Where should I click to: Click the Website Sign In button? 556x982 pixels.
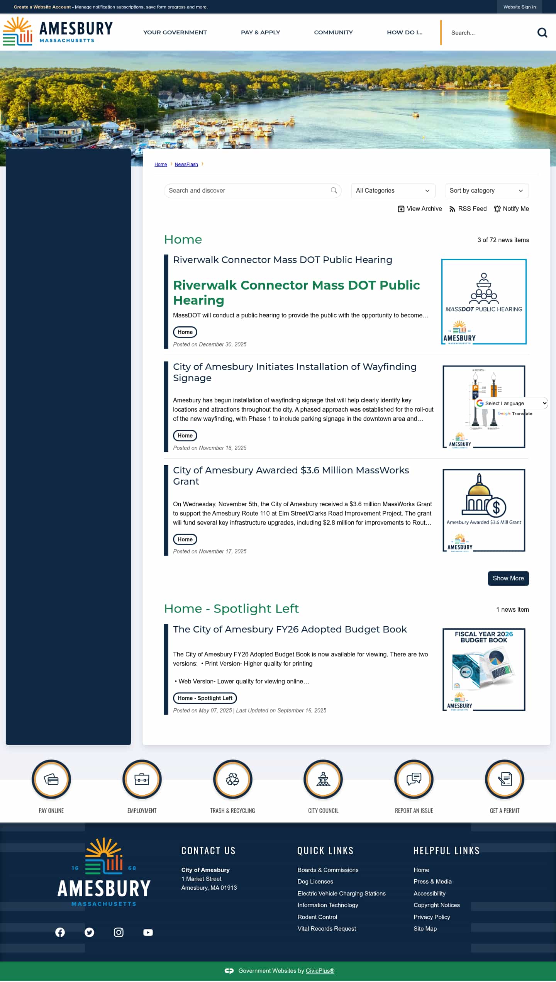(519, 7)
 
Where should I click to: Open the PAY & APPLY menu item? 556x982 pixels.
(260, 32)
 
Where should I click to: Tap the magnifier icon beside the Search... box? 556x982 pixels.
(542, 33)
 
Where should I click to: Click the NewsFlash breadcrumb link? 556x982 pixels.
(186, 165)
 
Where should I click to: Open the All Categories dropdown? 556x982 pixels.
(393, 191)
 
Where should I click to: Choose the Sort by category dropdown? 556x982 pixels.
(486, 191)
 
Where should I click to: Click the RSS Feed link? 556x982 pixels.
(468, 209)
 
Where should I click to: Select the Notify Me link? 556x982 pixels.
(511, 209)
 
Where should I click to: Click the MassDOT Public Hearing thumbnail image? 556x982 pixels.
(484, 302)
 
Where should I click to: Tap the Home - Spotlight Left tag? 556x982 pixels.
(205, 698)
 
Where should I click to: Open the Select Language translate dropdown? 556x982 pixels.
(511, 403)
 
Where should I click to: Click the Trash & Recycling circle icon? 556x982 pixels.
(232, 779)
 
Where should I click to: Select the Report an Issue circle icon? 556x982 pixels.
(414, 779)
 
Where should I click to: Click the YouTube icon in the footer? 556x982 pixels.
(148, 933)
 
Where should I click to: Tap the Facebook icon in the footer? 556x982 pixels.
(60, 933)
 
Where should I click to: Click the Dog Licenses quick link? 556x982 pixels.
(315, 882)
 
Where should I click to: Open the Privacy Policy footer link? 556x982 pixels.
(432, 917)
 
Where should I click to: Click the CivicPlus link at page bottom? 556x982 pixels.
(320, 971)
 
